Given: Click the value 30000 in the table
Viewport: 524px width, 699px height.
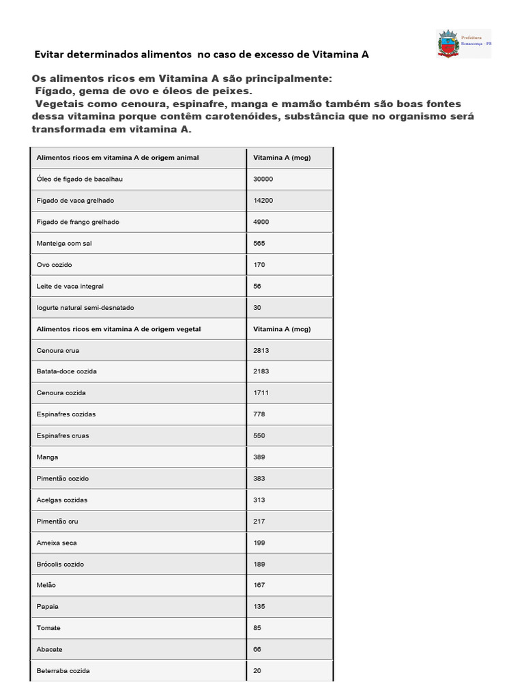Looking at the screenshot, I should [x=263, y=179].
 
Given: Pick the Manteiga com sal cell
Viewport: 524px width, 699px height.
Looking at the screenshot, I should [x=64, y=243].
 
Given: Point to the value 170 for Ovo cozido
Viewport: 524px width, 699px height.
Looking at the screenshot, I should [x=259, y=264].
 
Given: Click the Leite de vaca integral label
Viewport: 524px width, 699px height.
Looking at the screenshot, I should [x=70, y=286].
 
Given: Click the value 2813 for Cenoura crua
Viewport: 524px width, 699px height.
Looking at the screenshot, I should [x=261, y=350].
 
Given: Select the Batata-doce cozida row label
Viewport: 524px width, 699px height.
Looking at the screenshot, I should [x=67, y=371].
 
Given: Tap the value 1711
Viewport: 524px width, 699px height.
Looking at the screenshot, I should [x=261, y=393].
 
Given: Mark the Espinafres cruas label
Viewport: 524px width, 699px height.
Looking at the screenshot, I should [x=63, y=436].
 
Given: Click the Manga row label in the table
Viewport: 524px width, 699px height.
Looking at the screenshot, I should [x=47, y=457].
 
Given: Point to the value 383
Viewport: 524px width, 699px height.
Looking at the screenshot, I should [x=259, y=479].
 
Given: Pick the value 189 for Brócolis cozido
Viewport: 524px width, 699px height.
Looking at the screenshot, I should [x=259, y=564].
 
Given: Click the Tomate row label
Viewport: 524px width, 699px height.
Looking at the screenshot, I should [x=48, y=628].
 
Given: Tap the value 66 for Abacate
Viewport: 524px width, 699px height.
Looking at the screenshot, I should [x=257, y=649].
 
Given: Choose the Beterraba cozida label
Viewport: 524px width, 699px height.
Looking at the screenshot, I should [x=63, y=671].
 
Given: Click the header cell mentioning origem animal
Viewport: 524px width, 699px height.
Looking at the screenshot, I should [x=117, y=158].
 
